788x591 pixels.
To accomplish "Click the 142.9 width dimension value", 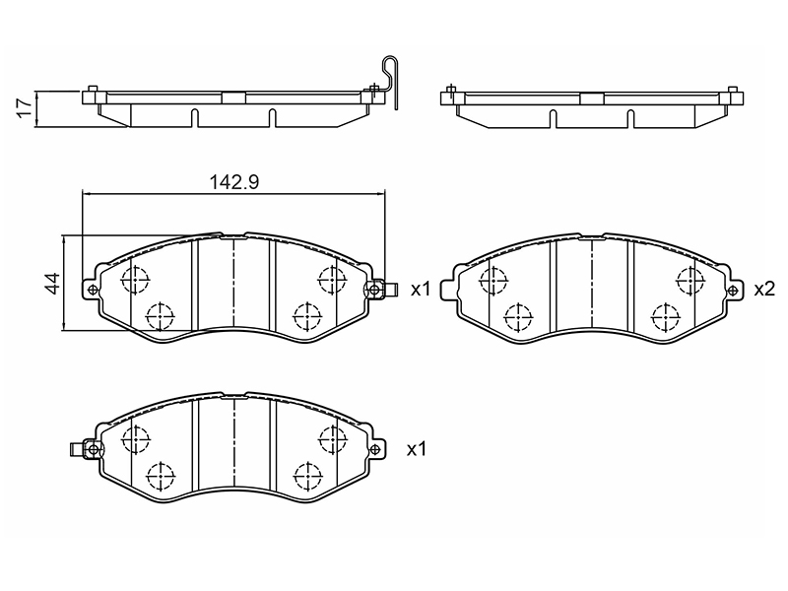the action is pyautogui.click(x=233, y=182).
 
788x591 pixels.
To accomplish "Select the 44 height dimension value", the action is pyautogui.click(x=53, y=283).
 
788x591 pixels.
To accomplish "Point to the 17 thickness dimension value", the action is pyautogui.click(x=26, y=108).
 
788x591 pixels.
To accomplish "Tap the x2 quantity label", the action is pyautogui.click(x=764, y=289).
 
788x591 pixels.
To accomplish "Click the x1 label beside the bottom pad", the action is pyautogui.click(x=417, y=449).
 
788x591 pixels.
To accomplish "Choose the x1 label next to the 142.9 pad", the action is pyautogui.click(x=422, y=290).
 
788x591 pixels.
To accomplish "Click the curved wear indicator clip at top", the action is pyautogui.click(x=388, y=81).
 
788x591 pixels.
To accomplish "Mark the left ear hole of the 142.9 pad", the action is pyautogui.click(x=93, y=290).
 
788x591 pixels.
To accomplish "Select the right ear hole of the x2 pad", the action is pyautogui.click(x=733, y=290).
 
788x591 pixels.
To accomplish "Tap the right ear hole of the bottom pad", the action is pyautogui.click(x=374, y=449).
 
